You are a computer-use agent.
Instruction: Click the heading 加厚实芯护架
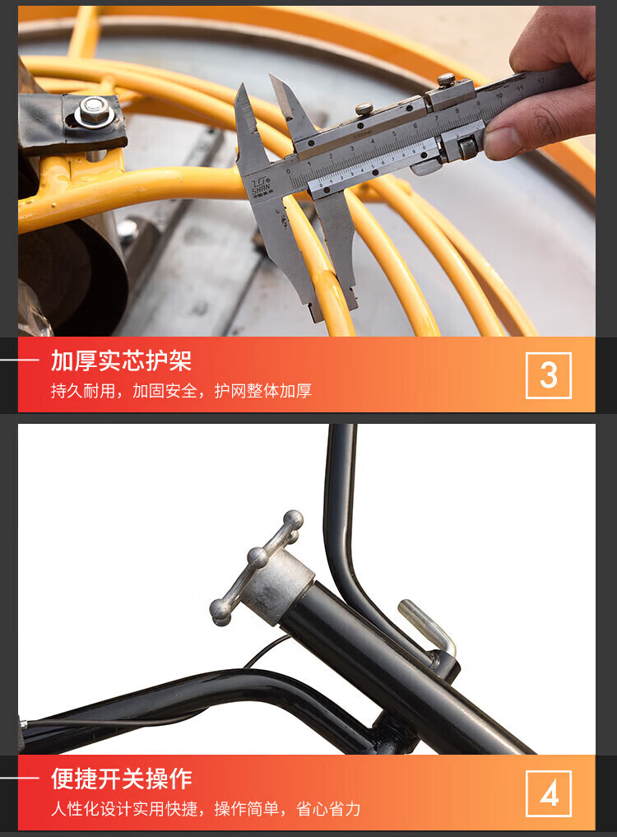pos(121,360)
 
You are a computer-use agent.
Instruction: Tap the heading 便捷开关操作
pos(121,779)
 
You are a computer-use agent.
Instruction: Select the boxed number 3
pos(549,375)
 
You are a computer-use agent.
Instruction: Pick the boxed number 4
pos(549,793)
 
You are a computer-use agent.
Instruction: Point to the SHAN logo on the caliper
pos(261,185)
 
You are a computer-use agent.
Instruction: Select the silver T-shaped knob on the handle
pos(256,567)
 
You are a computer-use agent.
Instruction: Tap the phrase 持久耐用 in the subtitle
pos(83,391)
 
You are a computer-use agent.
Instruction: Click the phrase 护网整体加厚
pos(263,391)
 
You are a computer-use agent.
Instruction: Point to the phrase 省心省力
pos(328,809)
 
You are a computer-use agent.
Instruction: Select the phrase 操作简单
pos(247,809)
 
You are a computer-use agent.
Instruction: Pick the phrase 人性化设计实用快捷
pos(124,809)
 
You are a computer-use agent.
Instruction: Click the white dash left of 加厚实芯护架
pos(19,360)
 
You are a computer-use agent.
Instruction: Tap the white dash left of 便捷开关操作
pos(19,778)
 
